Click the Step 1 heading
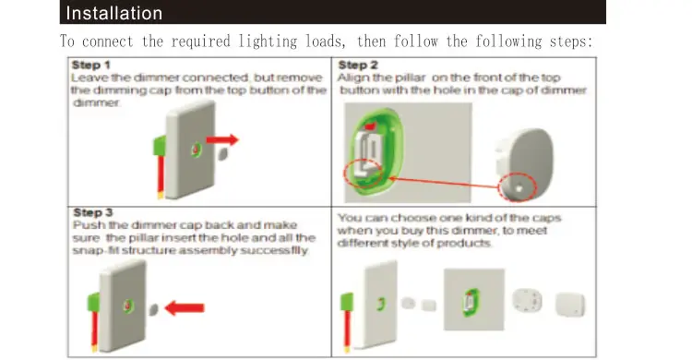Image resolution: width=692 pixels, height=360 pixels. click(91, 66)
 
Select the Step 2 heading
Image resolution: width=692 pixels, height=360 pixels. click(358, 66)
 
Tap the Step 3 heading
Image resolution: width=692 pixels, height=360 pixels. click(91, 213)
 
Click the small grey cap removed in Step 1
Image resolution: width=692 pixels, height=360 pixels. click(222, 157)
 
